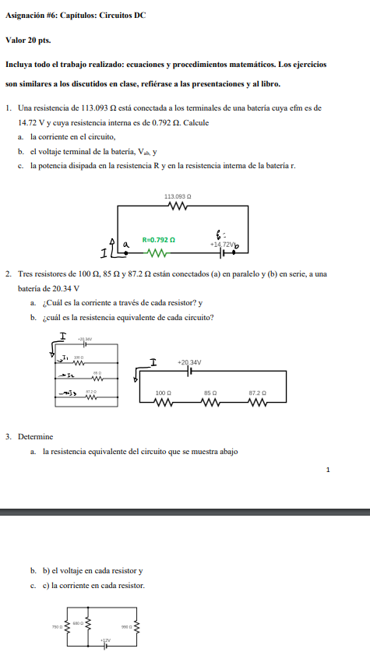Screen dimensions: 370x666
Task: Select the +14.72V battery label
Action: click(x=222, y=244)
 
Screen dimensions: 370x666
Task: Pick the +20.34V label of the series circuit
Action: click(x=189, y=362)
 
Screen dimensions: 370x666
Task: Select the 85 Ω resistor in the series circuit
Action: click(x=210, y=403)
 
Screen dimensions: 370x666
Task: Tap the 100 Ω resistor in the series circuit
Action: click(x=164, y=403)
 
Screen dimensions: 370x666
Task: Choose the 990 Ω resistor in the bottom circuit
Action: click(x=137, y=627)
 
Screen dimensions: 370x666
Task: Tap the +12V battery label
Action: click(x=106, y=640)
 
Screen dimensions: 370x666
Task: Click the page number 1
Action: click(x=328, y=470)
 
